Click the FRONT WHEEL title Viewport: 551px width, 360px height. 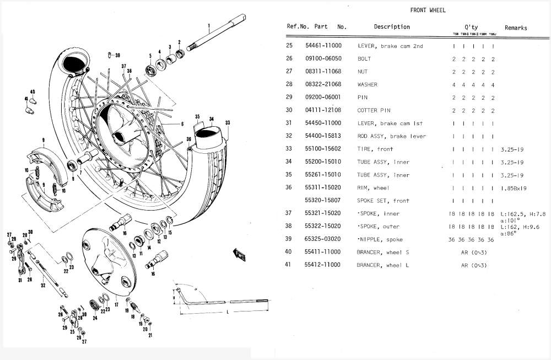[x=428, y=10]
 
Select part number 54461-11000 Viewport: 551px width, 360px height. [x=323, y=46]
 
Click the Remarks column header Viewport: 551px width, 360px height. [x=515, y=28]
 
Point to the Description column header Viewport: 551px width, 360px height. [x=392, y=26]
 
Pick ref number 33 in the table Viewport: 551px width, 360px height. [x=289, y=149]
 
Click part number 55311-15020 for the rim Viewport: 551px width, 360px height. [x=323, y=187]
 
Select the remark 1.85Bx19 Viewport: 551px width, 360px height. [x=515, y=188]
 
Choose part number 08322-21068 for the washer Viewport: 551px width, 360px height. [x=323, y=84]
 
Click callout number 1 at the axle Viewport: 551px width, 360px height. [x=209, y=25]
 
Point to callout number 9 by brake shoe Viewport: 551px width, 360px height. [x=42, y=140]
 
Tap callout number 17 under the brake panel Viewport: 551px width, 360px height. [x=116, y=304]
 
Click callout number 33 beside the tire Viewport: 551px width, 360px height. [x=227, y=122]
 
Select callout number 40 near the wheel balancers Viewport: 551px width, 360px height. [x=33, y=92]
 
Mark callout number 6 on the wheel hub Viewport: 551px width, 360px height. [x=182, y=125]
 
